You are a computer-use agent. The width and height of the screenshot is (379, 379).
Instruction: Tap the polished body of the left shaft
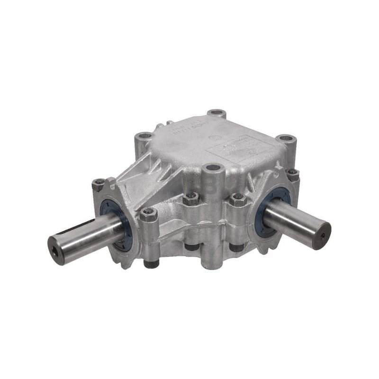point(90,232)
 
